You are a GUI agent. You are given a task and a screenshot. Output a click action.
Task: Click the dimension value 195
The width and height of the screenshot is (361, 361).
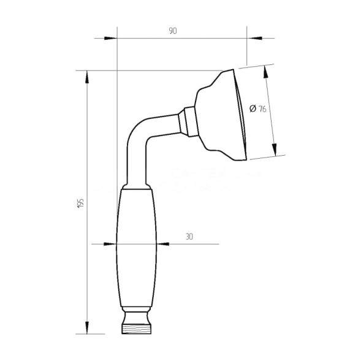[x=80, y=204]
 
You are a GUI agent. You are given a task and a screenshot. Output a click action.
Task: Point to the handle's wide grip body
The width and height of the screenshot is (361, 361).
[x=135, y=245]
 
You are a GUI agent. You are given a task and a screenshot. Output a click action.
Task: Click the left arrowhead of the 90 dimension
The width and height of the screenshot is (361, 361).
[x=110, y=39]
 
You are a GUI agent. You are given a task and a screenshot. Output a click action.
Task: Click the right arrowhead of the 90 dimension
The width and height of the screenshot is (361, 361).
[x=253, y=39]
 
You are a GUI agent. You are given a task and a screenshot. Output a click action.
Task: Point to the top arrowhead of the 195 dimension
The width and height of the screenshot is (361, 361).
[x=87, y=77]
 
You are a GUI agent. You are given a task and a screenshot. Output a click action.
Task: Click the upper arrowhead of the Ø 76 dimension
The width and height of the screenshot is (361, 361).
[x=266, y=72]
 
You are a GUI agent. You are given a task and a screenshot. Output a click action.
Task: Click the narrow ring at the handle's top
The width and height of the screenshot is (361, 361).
[x=135, y=186]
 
